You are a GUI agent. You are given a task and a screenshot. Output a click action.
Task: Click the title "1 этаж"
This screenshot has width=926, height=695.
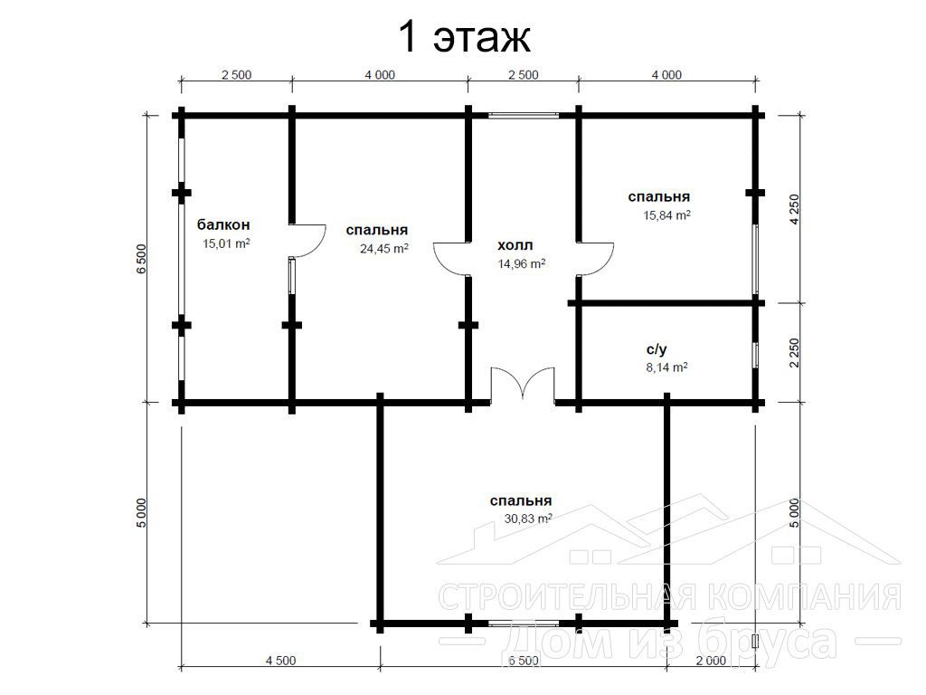(465, 36)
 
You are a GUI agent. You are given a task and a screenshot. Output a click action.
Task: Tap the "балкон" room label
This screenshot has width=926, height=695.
(223, 224)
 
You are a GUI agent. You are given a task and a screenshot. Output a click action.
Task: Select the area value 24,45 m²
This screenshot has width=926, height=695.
(383, 248)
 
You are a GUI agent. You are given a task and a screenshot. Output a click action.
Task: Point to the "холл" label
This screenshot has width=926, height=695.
(515, 244)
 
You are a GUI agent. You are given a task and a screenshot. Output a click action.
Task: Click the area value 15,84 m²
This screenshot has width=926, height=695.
(666, 215)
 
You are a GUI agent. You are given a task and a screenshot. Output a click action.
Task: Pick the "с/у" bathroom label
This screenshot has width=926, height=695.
(657, 349)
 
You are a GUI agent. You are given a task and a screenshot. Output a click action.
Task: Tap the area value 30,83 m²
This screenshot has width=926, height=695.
(528, 519)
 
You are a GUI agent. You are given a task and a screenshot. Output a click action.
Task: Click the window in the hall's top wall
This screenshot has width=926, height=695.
(524, 115)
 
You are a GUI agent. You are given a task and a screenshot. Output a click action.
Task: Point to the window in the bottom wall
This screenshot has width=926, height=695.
(524, 623)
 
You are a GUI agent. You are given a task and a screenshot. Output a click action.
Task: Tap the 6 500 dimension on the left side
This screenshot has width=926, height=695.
(140, 258)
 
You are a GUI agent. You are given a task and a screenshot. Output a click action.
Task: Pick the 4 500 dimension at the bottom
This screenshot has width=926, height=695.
(280, 660)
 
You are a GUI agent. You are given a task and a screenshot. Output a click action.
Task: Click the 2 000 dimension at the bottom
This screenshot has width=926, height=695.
(711, 660)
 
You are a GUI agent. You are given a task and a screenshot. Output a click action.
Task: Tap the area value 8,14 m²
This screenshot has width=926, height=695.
(666, 367)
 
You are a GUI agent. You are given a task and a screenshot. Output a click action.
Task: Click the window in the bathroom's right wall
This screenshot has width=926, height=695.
(755, 355)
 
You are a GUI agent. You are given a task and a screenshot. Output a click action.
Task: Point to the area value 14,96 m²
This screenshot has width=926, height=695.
(522, 263)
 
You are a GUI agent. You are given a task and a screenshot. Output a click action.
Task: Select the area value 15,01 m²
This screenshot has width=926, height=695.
(226, 243)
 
